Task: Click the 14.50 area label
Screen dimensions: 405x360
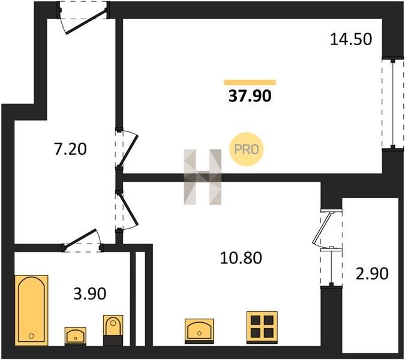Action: click(x=351, y=40)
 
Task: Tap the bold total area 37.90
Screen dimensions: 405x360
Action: click(x=250, y=96)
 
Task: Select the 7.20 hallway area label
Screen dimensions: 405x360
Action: click(x=70, y=149)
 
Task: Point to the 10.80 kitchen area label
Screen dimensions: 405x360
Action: click(x=241, y=258)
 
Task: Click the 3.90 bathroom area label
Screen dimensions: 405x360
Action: click(x=89, y=293)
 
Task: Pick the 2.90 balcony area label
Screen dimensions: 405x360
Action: click(x=372, y=274)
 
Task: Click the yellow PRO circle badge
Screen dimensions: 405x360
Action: click(x=247, y=149)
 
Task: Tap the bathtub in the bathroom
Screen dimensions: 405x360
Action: click(x=32, y=310)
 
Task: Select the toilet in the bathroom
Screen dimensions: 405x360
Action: click(x=113, y=330)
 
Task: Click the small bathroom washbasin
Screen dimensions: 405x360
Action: click(x=75, y=336)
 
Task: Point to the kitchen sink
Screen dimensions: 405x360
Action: click(x=199, y=331)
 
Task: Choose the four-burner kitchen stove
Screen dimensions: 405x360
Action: click(x=262, y=328)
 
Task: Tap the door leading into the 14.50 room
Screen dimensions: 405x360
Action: click(x=127, y=149)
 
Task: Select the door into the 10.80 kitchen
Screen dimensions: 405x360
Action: click(x=127, y=211)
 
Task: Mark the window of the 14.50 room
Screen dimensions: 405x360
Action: click(x=392, y=104)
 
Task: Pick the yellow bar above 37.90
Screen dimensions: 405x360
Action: click(x=250, y=82)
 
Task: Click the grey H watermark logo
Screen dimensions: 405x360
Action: click(x=203, y=177)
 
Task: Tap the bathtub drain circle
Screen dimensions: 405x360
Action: click(x=31, y=336)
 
